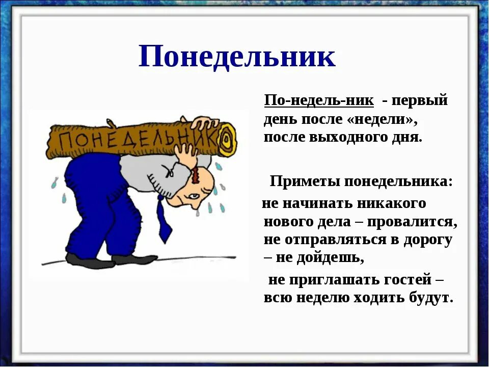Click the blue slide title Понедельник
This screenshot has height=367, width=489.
237,56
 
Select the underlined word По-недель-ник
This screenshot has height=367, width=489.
319,100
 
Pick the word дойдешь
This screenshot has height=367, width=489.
334,258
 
